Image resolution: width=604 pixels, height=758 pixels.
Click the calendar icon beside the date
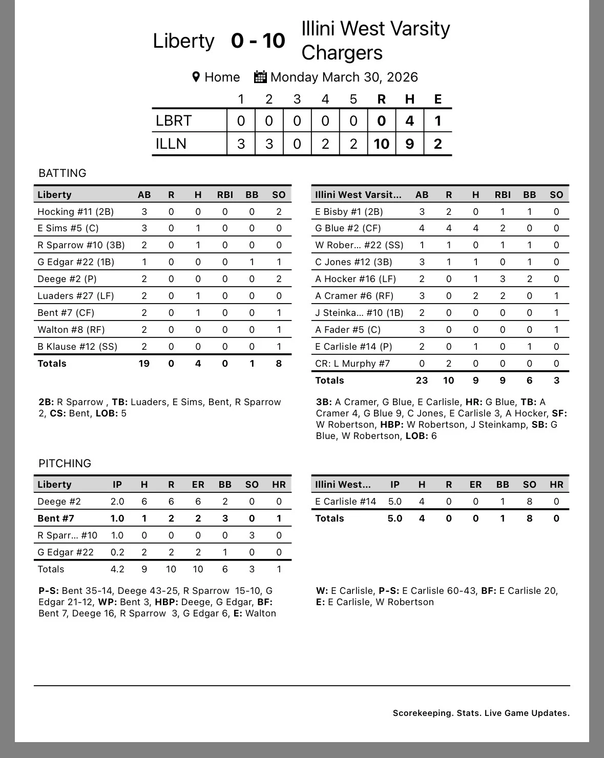[x=260, y=77]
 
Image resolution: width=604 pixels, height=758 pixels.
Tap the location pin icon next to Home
[x=196, y=77]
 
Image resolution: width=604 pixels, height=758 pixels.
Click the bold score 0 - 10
[x=258, y=41]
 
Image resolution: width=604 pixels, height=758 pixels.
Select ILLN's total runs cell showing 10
[x=381, y=144]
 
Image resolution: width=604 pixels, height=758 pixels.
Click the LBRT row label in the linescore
[x=174, y=121]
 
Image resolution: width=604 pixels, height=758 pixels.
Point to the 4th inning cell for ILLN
[x=325, y=144]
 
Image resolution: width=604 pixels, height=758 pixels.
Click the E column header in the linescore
[x=438, y=99]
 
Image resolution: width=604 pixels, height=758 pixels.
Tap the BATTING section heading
[x=62, y=173]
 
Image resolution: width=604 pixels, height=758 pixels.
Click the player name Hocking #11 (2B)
[x=75, y=211]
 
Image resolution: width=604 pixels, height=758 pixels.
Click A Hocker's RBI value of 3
[x=503, y=279]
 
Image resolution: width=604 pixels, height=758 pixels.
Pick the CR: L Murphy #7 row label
[x=352, y=364]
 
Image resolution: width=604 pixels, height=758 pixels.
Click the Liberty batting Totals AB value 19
[x=144, y=364]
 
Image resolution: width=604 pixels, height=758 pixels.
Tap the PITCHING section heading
[x=65, y=463]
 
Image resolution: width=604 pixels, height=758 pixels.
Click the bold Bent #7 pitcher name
[x=56, y=518]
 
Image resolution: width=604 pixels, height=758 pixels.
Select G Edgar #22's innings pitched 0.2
[x=117, y=552]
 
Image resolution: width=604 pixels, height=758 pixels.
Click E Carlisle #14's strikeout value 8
[x=529, y=502]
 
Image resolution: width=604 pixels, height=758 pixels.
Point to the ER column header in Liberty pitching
[x=198, y=485]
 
